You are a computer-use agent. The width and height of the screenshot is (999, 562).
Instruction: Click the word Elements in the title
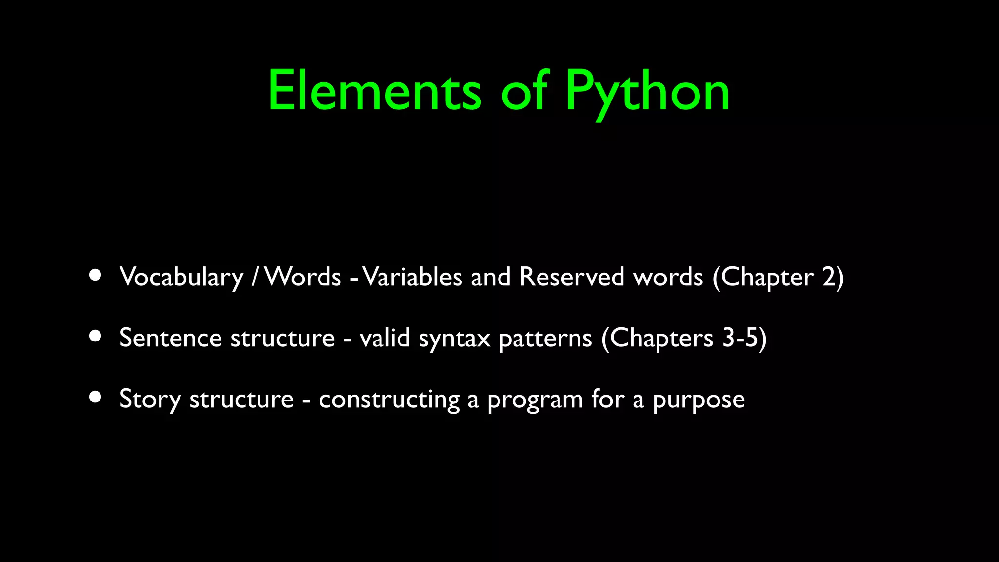point(375,91)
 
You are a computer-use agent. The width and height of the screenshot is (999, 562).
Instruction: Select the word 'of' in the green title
point(525,91)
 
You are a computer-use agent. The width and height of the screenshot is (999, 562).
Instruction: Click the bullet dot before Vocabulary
point(95,275)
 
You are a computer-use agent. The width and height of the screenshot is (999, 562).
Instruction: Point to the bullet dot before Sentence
point(95,336)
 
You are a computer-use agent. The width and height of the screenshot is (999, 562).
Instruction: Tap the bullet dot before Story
point(95,397)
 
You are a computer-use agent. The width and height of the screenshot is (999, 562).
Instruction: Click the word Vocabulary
point(181,277)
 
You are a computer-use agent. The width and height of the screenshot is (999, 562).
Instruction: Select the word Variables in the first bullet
point(412,277)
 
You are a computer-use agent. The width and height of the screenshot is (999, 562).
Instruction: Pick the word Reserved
point(572,277)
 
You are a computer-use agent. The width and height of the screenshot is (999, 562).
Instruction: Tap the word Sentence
point(171,338)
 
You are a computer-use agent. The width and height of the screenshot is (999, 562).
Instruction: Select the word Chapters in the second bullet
point(661,338)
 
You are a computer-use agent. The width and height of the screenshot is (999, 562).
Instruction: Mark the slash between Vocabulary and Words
point(255,277)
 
